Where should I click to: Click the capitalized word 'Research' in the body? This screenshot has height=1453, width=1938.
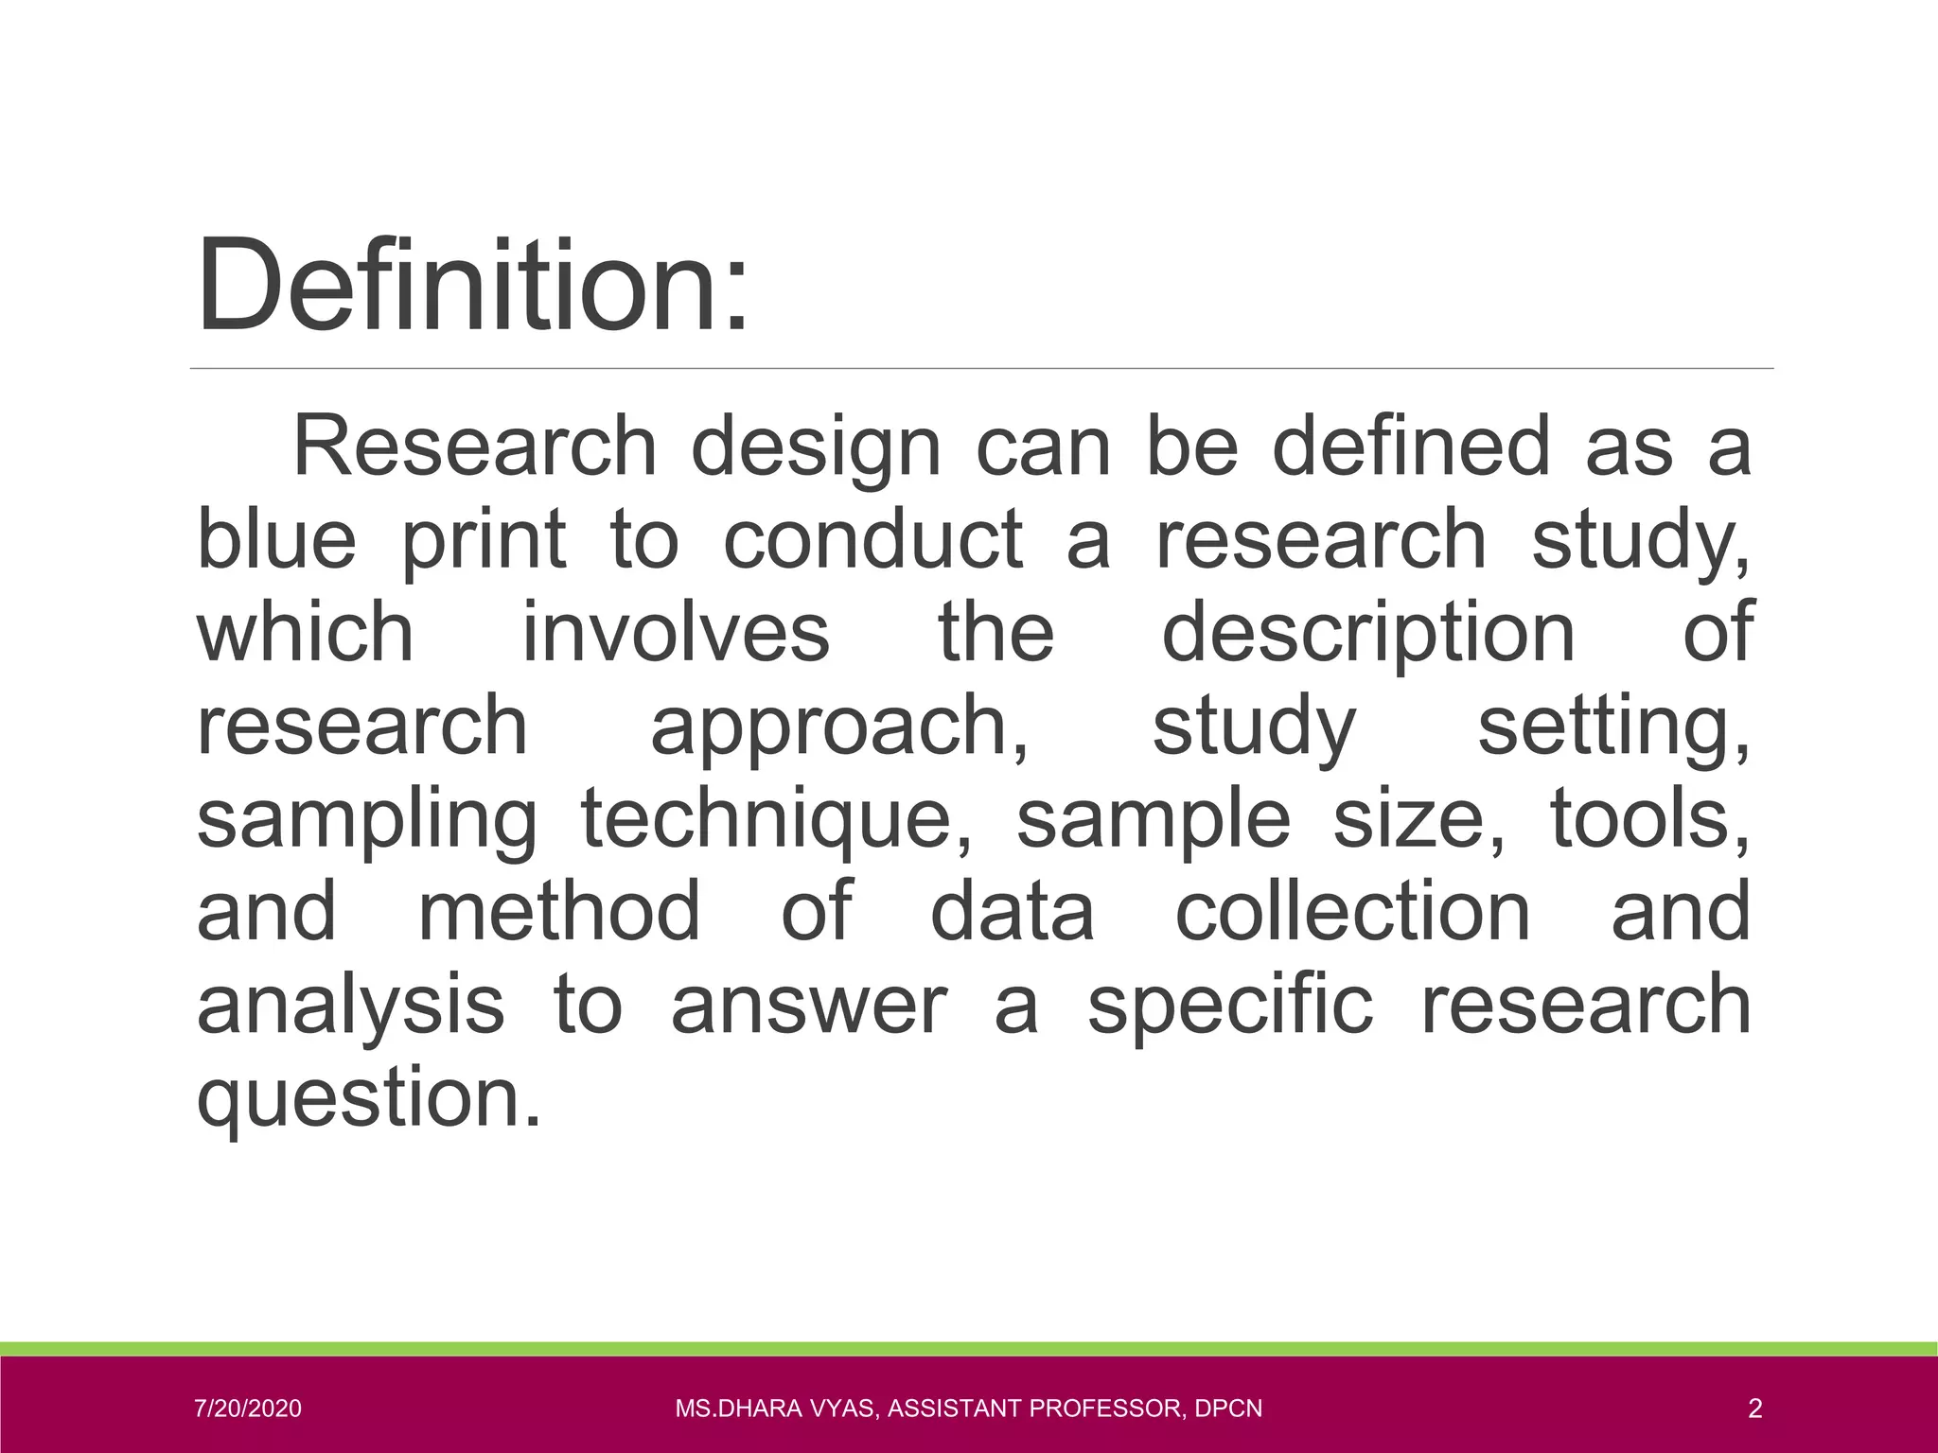point(475,446)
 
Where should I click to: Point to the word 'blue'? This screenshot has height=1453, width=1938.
point(276,539)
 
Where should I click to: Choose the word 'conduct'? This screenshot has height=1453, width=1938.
point(872,539)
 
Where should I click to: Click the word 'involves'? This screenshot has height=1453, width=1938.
point(676,632)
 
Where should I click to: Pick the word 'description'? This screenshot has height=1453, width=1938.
point(1368,632)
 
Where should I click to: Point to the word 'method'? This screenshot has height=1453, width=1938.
point(559,911)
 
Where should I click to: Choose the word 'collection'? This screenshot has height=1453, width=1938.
point(1352,911)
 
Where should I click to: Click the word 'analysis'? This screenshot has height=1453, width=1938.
point(350,1005)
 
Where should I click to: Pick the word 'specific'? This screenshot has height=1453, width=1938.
point(1229,1005)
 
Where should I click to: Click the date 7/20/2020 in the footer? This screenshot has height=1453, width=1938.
point(248,1409)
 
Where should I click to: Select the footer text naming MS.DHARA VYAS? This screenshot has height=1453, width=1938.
point(968,1409)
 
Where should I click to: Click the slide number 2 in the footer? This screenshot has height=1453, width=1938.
point(1754,1409)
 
